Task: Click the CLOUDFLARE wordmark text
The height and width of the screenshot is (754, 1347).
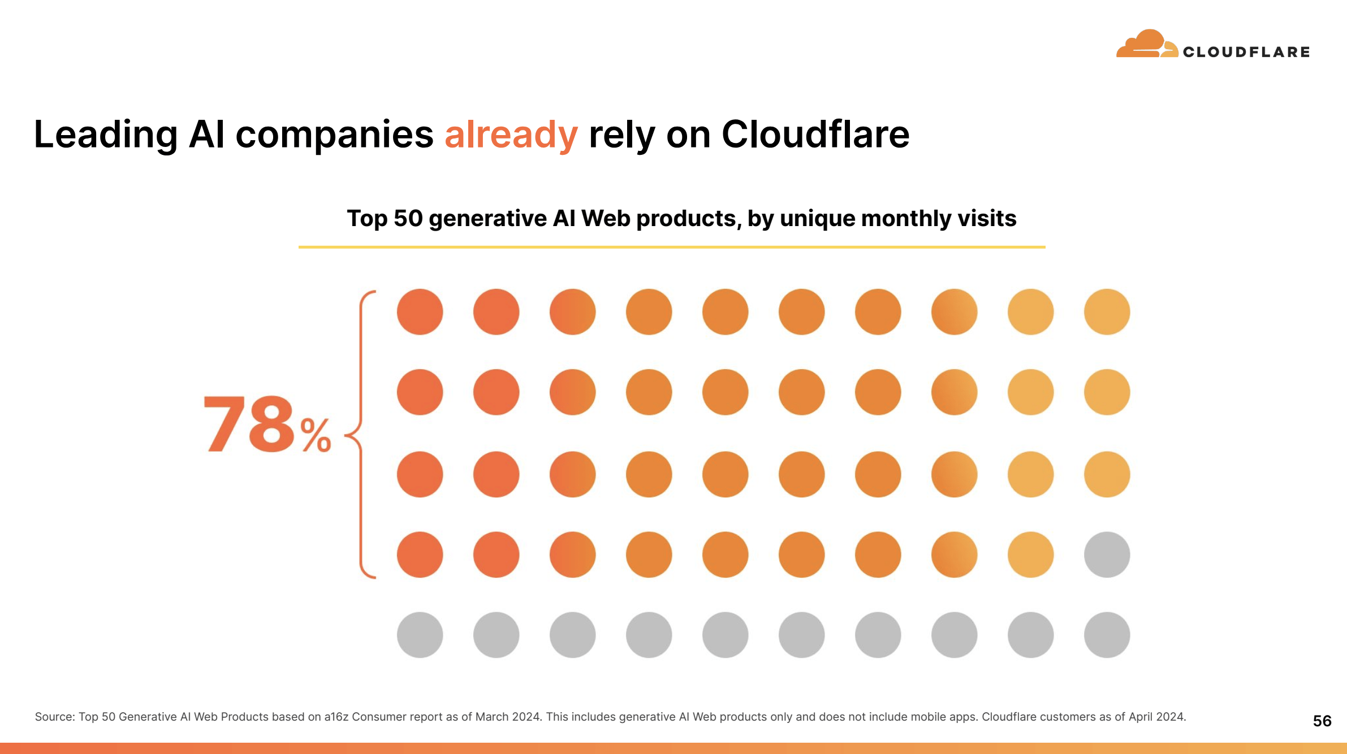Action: [1246, 52]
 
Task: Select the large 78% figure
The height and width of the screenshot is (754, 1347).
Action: [266, 425]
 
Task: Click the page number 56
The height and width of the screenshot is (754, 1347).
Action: [1322, 721]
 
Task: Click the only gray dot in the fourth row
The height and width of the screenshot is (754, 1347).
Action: [1107, 554]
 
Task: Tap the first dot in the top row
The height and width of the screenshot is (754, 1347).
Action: [420, 311]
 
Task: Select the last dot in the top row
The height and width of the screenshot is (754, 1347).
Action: [1107, 311]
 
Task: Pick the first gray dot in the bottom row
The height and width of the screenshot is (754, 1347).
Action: [420, 635]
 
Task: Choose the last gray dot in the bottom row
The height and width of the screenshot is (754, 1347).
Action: [1107, 635]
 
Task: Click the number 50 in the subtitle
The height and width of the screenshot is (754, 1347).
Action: [408, 218]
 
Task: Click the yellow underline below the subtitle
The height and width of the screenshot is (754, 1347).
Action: [671, 247]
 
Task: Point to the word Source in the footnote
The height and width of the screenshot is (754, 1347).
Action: [54, 717]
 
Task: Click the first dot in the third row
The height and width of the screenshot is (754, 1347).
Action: [420, 474]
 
